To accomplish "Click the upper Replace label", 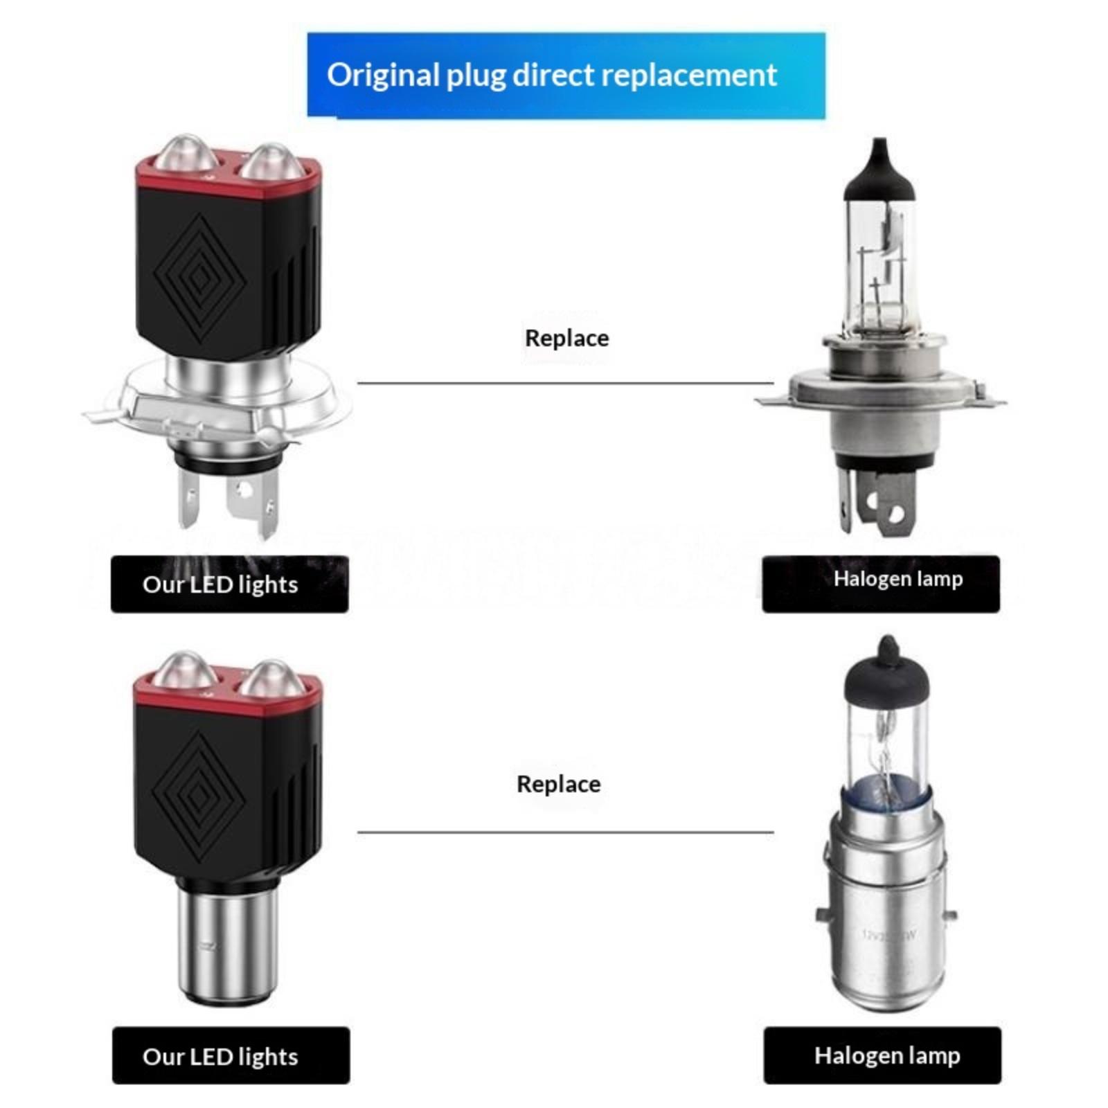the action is [566, 338].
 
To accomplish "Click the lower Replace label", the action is [558, 784].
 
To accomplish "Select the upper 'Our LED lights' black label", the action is [229, 584].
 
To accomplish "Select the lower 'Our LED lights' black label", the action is [231, 1056].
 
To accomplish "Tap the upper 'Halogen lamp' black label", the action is [881, 584].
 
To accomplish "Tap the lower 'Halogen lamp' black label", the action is [882, 1056].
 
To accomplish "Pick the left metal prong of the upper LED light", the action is [188, 499].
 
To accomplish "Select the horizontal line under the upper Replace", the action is [565, 383].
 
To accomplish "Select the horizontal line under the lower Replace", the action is [565, 832].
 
